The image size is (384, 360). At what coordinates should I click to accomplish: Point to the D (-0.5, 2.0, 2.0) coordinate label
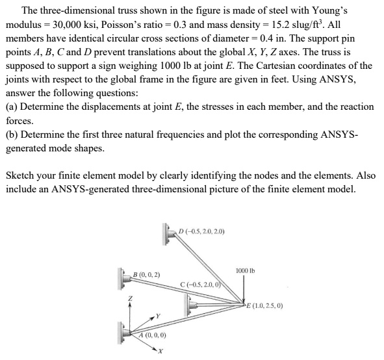201,229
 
